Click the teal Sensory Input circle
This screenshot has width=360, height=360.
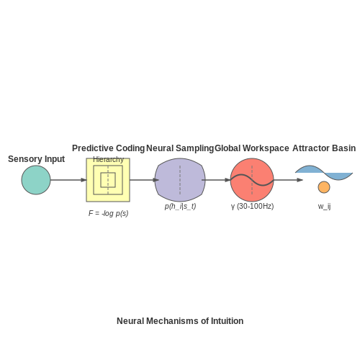point(36,180)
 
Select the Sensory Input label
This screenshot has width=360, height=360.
point(36,159)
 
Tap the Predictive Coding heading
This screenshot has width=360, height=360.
point(108,148)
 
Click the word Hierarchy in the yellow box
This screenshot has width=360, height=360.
point(108,159)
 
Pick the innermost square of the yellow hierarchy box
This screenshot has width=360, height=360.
point(108,173)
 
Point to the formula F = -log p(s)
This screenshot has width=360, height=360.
point(108,213)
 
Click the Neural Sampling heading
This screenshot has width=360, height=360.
point(180,148)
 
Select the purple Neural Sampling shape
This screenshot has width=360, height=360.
point(180,180)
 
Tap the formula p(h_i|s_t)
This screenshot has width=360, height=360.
point(180,206)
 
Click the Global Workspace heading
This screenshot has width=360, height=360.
point(252,148)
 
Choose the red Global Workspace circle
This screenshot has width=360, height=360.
point(252,180)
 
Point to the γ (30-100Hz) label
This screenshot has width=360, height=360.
point(252,206)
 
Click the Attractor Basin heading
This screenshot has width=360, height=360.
point(324,148)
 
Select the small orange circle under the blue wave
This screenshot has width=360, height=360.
point(324,187)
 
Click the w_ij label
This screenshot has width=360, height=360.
point(324,206)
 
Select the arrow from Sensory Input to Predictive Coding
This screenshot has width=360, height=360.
point(68,180)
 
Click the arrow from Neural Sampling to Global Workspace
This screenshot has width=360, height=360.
point(216,180)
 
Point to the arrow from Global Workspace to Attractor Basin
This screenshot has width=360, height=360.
point(288,180)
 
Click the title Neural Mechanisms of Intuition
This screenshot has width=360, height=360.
point(180,321)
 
